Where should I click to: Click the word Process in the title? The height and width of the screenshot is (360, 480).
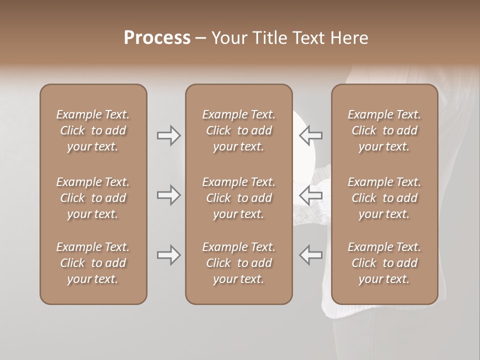pos(157,38)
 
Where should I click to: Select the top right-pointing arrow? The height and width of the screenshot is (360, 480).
pos(169,135)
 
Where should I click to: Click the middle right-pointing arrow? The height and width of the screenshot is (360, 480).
pos(169,195)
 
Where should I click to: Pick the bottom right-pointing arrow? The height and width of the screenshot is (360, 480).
pos(169,255)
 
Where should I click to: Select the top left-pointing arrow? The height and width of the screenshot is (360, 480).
pos(310,135)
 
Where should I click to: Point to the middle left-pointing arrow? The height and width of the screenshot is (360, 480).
pos(310,195)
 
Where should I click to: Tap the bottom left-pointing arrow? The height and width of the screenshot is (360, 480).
pos(310,255)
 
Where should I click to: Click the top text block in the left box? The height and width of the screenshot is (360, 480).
pos(93,130)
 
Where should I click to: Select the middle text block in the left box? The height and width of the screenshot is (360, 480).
pos(93,198)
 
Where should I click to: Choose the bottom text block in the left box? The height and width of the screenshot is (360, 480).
pos(93,263)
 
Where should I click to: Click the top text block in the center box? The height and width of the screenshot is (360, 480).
pos(238,130)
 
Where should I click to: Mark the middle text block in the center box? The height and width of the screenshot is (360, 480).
pos(238,198)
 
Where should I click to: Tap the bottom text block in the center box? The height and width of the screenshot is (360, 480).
pos(238,263)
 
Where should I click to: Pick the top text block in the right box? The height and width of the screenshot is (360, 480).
pos(384,130)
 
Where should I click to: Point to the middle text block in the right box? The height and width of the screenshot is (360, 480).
pos(384,198)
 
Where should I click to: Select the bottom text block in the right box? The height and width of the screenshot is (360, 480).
pos(384,263)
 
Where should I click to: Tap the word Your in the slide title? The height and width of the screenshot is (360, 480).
pos(229,38)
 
